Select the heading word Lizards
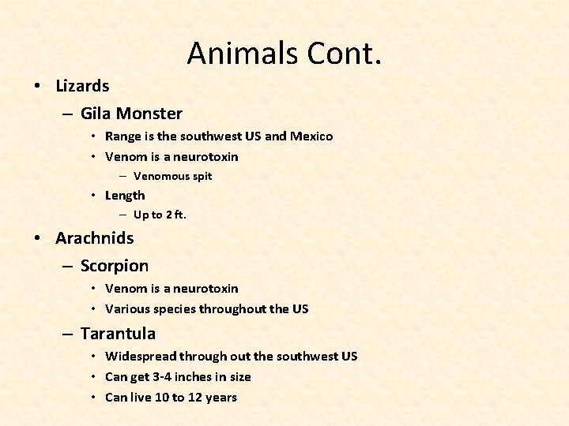[x=82, y=84]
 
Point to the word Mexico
[x=311, y=136]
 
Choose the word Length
[x=125, y=196]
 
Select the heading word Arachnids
[x=95, y=237]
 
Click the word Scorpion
[x=115, y=267]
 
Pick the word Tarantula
[x=118, y=334]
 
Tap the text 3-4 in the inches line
[x=160, y=377]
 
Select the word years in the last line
[x=220, y=398]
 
